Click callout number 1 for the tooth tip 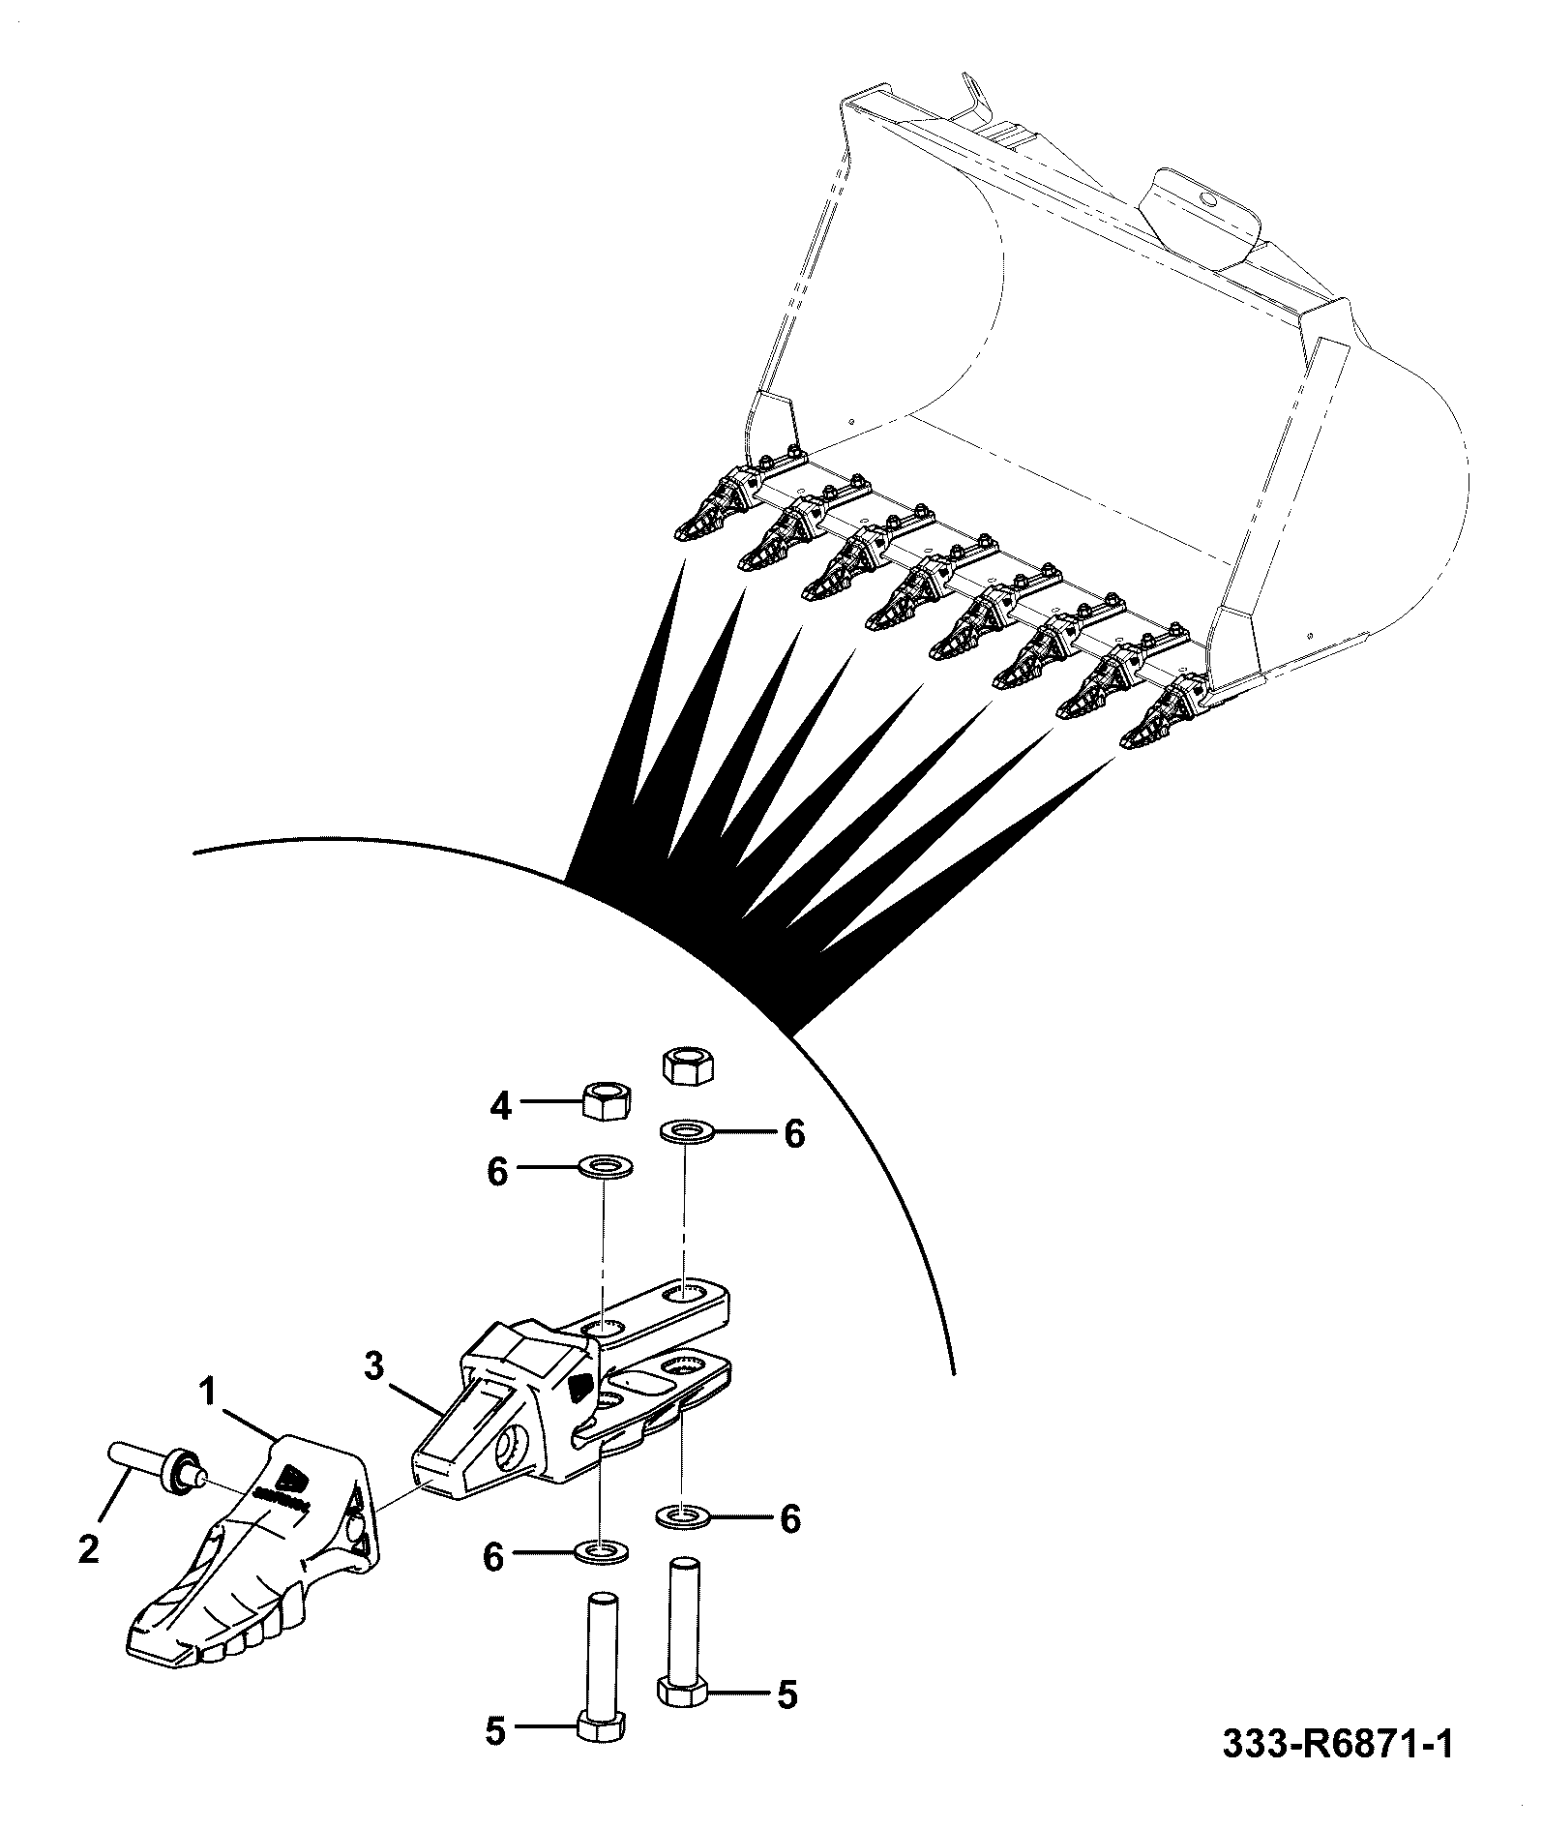206,1394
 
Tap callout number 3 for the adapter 375,1366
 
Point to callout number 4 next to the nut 499,1104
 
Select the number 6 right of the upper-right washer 794,1134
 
